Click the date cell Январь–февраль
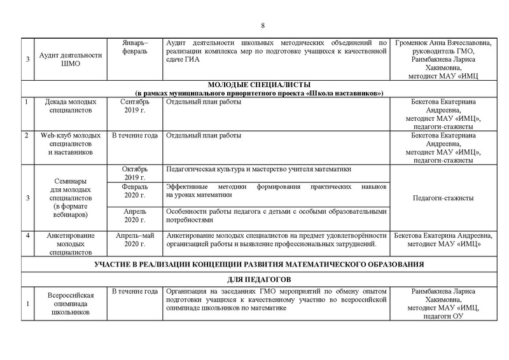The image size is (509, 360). pyautogui.click(x=134, y=46)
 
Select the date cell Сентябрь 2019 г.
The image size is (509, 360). pyautogui.click(x=134, y=106)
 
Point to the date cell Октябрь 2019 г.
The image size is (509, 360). pyautogui.click(x=134, y=173)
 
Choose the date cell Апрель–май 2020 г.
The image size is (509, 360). pyautogui.click(x=134, y=240)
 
